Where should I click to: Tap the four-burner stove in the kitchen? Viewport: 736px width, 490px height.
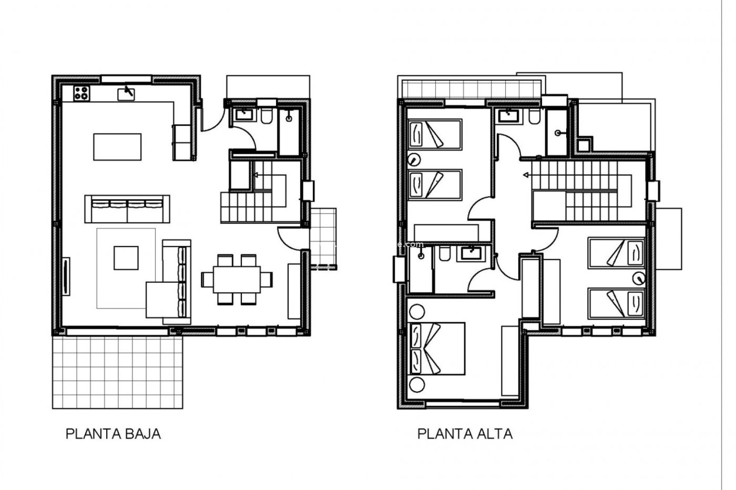[82, 93]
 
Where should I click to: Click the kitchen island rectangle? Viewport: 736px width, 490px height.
[117, 147]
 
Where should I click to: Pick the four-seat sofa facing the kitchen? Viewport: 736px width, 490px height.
[127, 209]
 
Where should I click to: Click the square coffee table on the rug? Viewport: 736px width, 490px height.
[126, 258]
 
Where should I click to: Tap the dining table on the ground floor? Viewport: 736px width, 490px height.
[237, 279]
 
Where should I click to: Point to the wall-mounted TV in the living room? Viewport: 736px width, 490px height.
[66, 276]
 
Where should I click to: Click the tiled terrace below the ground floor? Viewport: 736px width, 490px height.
[117, 372]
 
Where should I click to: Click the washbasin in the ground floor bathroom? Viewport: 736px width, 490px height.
[243, 114]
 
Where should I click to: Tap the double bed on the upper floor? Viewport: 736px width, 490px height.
[437, 348]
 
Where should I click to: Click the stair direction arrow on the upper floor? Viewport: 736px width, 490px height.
[526, 175]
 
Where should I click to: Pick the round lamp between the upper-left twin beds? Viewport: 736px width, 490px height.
[413, 159]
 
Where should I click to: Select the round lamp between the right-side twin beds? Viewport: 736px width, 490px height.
[638, 278]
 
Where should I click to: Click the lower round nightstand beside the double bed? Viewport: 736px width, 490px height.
[417, 384]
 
